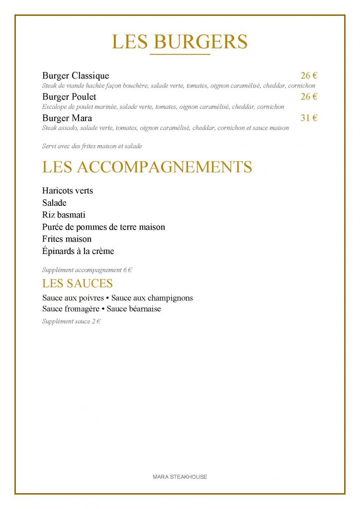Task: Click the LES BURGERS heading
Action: [180, 42]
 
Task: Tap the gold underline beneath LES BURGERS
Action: [180, 54]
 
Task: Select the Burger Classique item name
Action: [76, 76]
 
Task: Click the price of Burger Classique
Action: [309, 76]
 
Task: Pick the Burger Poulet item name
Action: [69, 97]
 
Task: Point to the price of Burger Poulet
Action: [309, 97]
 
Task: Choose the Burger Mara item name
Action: [67, 118]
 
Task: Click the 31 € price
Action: [309, 118]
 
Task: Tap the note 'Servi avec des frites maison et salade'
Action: [92, 146]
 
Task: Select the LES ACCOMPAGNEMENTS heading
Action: [147, 167]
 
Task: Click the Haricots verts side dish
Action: [68, 191]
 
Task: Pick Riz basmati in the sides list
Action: [64, 215]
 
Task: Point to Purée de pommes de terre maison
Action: [103, 227]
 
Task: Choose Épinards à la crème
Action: [78, 252]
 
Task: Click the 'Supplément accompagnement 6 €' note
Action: [87, 270]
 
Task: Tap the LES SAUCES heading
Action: [78, 284]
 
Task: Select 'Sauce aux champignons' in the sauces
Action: [152, 298]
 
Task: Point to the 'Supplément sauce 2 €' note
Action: [72, 322]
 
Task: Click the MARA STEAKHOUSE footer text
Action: [180, 477]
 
